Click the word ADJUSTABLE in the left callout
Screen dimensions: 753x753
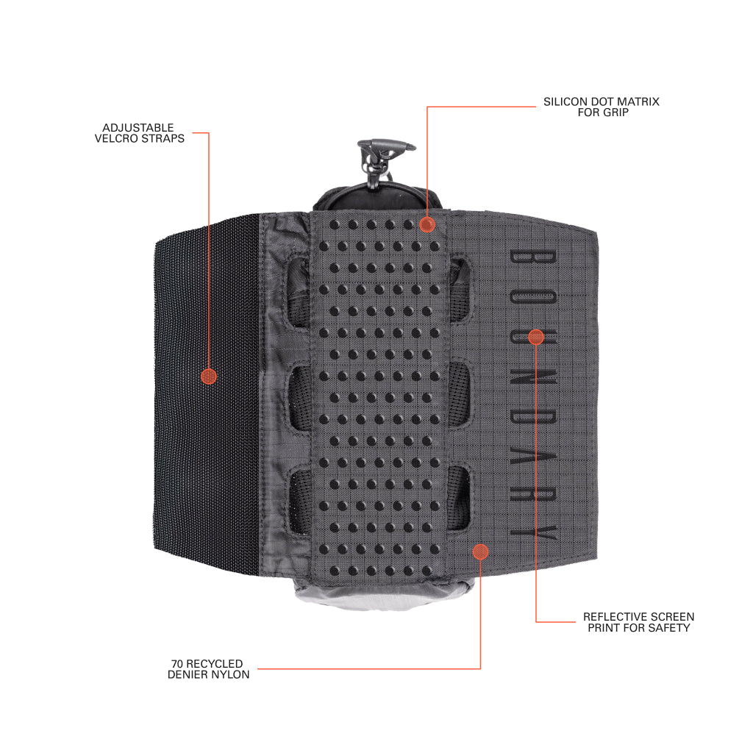coord(138,128)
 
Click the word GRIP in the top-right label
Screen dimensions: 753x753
coord(616,113)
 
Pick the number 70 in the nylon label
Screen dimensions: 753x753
coord(177,664)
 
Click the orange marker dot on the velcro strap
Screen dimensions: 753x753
coord(209,376)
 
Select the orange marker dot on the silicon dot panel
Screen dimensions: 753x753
coord(427,224)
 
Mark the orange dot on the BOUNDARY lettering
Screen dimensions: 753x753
coord(536,337)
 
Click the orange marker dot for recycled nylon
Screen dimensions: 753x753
coord(480,552)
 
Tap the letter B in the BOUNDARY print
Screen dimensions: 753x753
coord(532,257)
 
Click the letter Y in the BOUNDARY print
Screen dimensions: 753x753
coord(533,532)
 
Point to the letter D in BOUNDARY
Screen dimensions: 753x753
coord(532,418)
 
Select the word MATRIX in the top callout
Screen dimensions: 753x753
coord(638,101)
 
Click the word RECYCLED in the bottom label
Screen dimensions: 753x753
coord(214,664)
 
